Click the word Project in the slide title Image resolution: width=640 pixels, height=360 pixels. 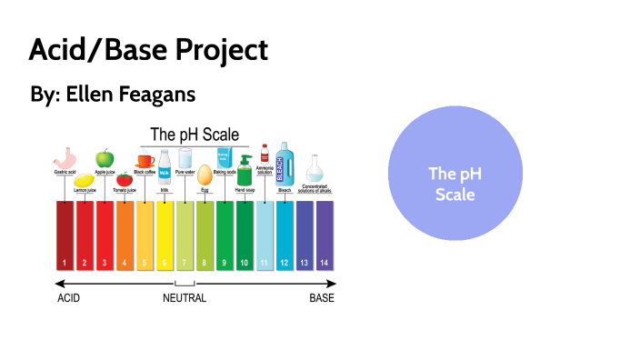coord(217,50)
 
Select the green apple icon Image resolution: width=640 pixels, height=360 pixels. coord(105,158)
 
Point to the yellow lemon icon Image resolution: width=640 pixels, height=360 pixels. coord(84,179)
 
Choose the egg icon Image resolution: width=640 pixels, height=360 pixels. coord(205,174)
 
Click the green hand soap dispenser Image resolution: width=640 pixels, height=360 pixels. coord(245,171)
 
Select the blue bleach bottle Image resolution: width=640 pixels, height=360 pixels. coord(285,161)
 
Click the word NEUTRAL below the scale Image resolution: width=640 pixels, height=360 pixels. coord(185,298)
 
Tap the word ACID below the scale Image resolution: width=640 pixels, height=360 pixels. coord(69,298)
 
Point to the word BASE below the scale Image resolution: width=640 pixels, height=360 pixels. coord(322,298)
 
